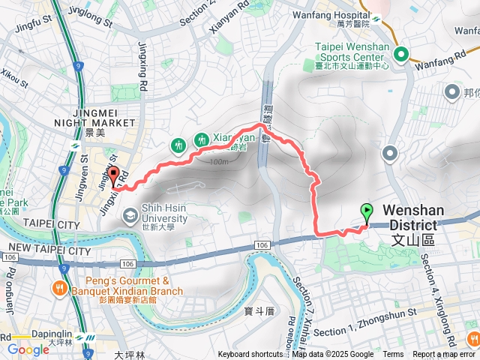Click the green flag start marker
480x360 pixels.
click(367, 212)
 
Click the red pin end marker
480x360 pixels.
click(114, 177)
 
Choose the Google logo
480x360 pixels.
click(28, 349)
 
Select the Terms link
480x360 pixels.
click(393, 355)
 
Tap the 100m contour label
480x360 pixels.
click(219, 161)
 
